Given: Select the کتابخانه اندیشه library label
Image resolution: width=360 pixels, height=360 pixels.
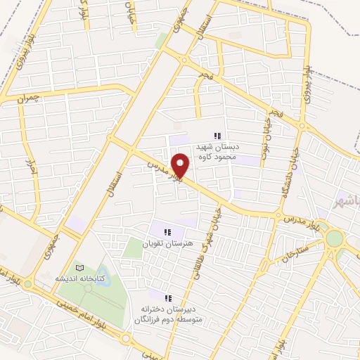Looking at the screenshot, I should pyautogui.click(x=82, y=278).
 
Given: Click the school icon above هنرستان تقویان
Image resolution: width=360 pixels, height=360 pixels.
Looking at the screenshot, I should pyautogui.click(x=167, y=232).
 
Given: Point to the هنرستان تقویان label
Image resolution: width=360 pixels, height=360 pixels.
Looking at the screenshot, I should pyautogui.click(x=167, y=243).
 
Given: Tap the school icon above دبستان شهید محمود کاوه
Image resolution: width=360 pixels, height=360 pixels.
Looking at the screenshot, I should pyautogui.click(x=218, y=136).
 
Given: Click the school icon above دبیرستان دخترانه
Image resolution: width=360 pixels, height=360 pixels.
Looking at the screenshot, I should pyautogui.click(x=167, y=298).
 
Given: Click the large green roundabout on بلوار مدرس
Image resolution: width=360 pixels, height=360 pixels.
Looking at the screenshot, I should pyautogui.click(x=335, y=238).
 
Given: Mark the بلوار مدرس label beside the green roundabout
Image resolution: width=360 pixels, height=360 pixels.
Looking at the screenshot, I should pyautogui.click(x=303, y=222).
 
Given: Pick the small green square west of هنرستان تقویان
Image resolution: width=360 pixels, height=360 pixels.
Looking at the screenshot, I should pyautogui.click(x=131, y=247).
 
